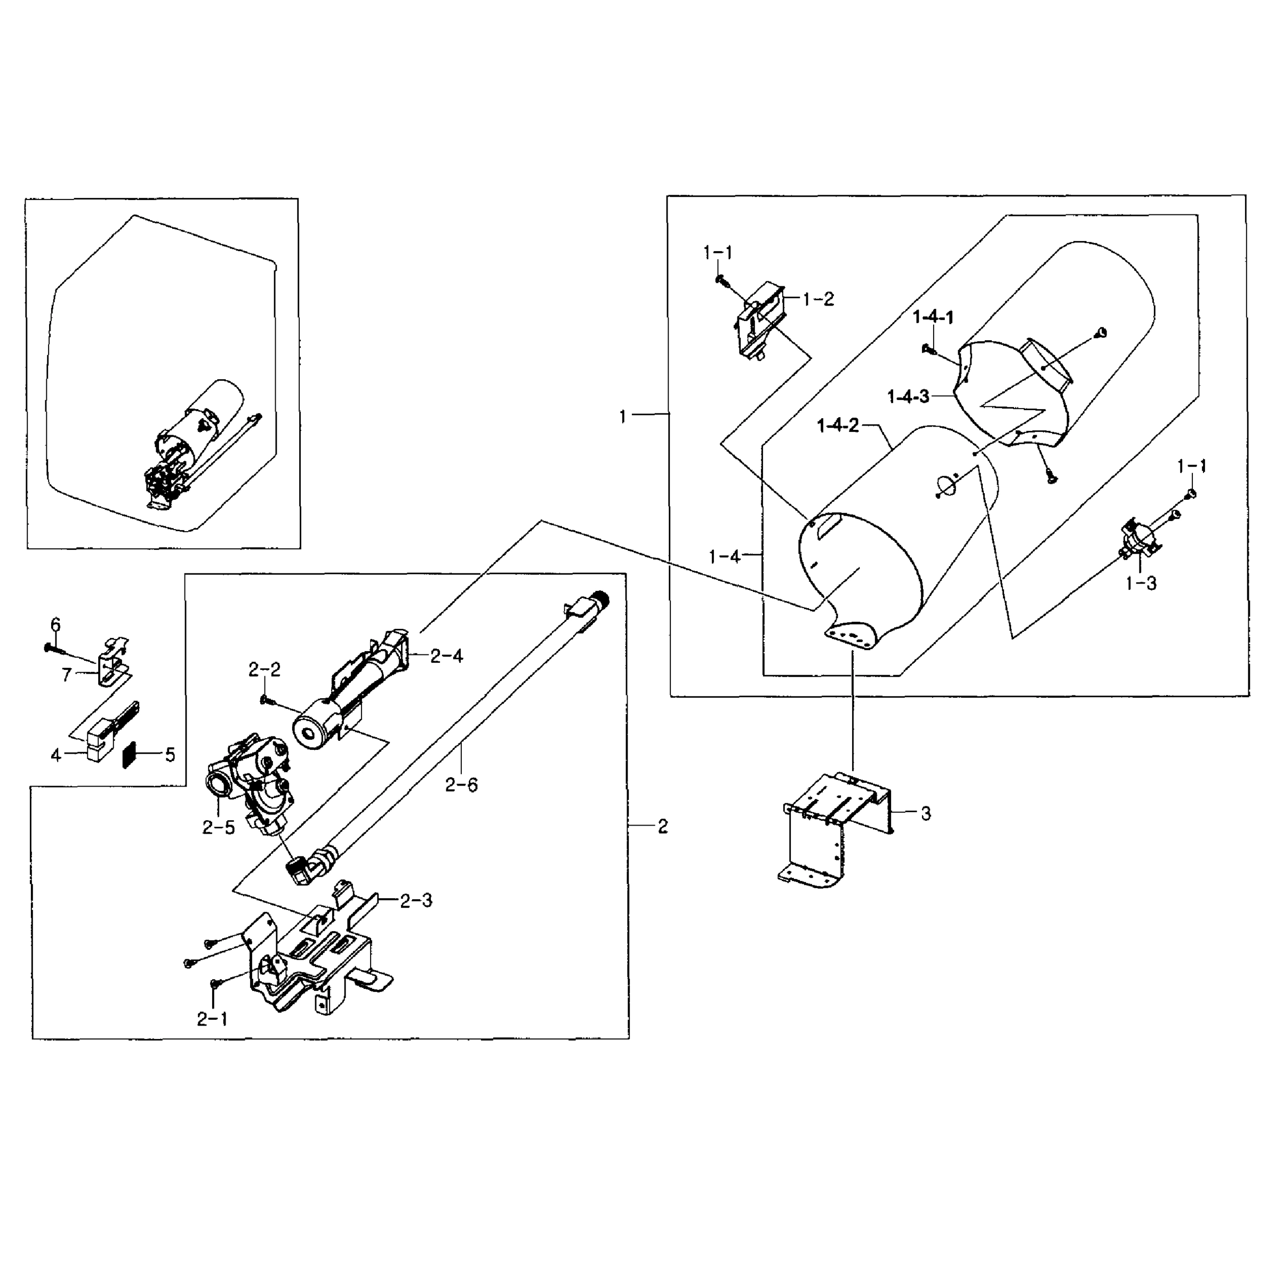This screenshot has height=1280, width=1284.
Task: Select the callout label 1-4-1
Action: point(933,318)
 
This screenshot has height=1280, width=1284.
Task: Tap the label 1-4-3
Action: point(908,397)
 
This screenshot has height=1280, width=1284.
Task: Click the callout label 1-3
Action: point(1141,583)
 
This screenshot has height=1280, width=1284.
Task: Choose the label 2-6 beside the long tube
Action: point(461,786)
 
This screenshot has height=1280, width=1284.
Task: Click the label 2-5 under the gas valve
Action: point(219,828)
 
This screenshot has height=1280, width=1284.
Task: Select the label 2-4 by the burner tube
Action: point(447,657)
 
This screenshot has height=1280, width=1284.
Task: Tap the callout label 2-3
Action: point(416,901)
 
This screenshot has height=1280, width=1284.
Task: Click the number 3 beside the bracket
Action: point(926,813)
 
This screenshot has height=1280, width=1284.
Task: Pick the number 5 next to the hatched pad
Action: point(170,755)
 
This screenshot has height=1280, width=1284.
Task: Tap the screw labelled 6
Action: point(53,646)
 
